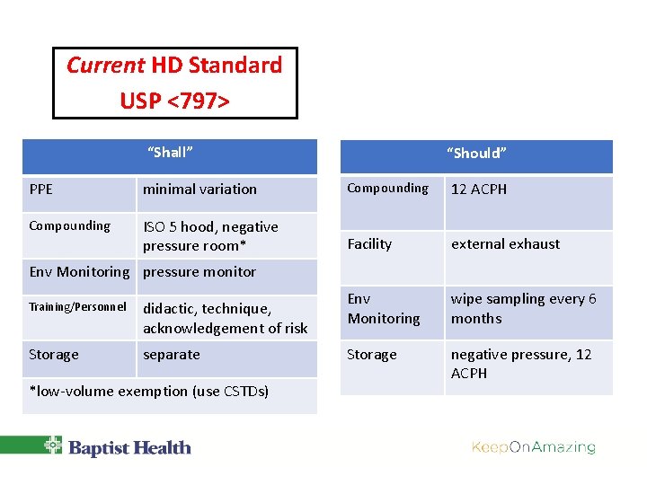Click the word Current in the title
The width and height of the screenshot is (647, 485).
(x=105, y=66)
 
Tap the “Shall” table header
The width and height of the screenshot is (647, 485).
(x=170, y=153)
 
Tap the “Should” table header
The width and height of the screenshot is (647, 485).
(x=476, y=154)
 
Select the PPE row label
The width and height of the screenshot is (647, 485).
(x=41, y=190)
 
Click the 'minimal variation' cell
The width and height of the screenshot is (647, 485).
(x=199, y=190)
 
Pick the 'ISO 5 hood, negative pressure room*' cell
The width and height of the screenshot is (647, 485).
(x=210, y=236)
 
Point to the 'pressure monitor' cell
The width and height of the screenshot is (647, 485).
(x=199, y=272)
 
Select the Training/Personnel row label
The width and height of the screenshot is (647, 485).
(x=77, y=307)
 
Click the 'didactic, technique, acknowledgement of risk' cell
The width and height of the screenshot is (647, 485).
(x=225, y=318)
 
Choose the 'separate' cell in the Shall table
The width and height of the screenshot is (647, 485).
(x=172, y=355)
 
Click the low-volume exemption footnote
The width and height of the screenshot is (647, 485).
(x=149, y=392)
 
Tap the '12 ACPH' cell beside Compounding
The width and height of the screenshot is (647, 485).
(x=479, y=190)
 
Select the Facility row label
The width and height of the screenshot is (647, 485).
(x=369, y=244)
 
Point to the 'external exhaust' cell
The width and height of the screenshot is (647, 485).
(x=505, y=244)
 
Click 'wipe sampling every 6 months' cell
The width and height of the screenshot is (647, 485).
(x=523, y=308)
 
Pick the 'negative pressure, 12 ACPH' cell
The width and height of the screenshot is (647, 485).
(x=521, y=364)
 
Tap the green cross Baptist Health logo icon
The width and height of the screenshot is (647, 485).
(x=54, y=446)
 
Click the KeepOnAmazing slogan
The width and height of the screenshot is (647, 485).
(x=534, y=447)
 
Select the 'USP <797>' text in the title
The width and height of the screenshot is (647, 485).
(x=174, y=101)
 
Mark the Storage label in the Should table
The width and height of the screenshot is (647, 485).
(x=372, y=355)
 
